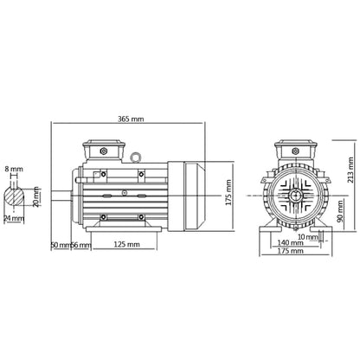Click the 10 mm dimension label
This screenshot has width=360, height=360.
pos(305,236)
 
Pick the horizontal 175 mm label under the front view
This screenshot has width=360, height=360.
pos(291,257)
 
